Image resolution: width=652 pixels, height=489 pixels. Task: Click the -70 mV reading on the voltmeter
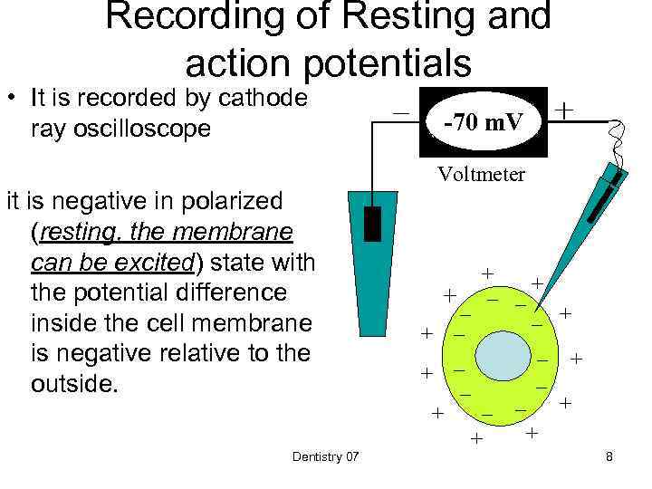484,120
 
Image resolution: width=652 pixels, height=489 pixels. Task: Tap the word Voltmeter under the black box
481,175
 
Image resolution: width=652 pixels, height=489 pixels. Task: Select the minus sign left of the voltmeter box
399,110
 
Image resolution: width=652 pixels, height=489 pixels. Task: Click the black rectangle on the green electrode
371,224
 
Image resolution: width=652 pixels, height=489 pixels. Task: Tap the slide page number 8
609,457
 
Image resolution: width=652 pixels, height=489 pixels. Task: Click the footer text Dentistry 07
325,457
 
